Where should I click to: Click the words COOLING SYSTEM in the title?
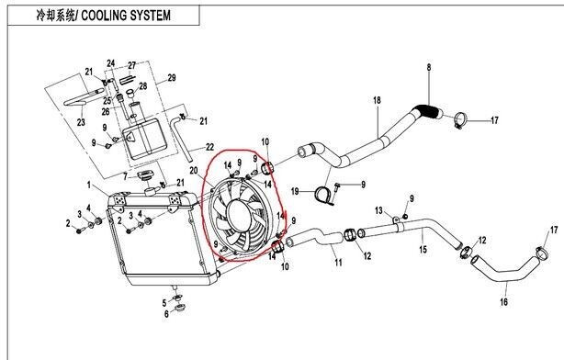(126, 16)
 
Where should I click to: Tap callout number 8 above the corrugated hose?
(429, 67)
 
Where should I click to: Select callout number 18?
(377, 100)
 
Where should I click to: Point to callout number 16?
(504, 302)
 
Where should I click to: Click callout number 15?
(423, 249)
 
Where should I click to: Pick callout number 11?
(338, 263)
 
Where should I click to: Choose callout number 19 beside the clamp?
(295, 191)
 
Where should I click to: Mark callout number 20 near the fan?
(194, 171)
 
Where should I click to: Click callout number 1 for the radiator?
(89, 185)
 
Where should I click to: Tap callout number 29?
(172, 78)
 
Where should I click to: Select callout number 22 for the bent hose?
(209, 147)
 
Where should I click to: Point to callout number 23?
(81, 122)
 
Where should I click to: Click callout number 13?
(378, 210)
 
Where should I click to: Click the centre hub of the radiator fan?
(239, 215)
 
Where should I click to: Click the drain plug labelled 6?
(179, 309)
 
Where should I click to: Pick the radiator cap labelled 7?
(145, 175)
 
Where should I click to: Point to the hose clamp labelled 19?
(323, 196)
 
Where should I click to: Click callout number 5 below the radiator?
(164, 303)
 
